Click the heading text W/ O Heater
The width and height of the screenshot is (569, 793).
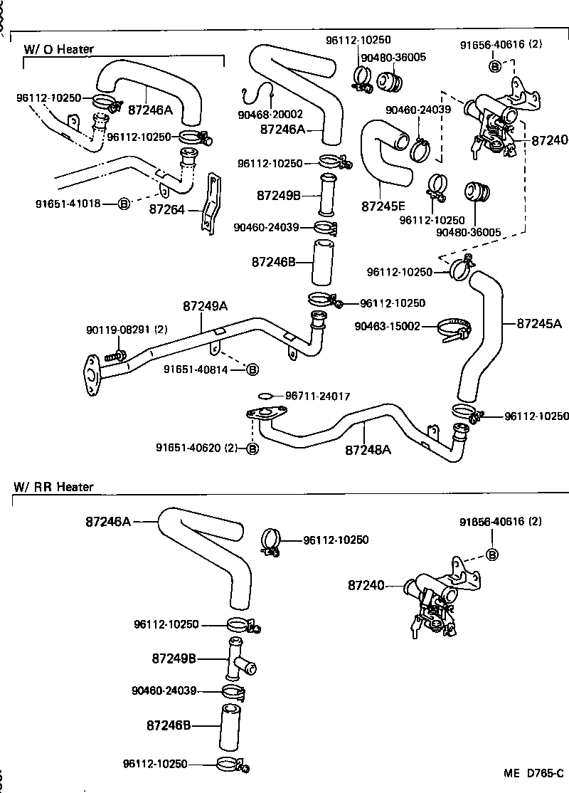pyautogui.click(x=59, y=49)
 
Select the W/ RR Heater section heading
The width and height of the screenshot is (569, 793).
pyautogui.click(x=53, y=487)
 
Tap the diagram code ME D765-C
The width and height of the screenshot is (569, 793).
pyautogui.click(x=534, y=773)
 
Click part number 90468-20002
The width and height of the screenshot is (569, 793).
pyautogui.click(x=270, y=114)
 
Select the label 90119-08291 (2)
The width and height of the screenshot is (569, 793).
pyautogui.click(x=127, y=330)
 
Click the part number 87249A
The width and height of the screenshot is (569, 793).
pyautogui.click(x=205, y=305)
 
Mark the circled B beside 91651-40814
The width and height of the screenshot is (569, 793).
pyautogui.click(x=252, y=369)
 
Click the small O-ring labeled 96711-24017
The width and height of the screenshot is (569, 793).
pyautogui.click(x=265, y=396)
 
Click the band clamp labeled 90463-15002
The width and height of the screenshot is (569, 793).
pyautogui.click(x=454, y=330)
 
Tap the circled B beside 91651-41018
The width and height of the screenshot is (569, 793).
pyautogui.click(x=123, y=204)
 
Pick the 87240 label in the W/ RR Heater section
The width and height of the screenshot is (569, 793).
pyautogui.click(x=366, y=585)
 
